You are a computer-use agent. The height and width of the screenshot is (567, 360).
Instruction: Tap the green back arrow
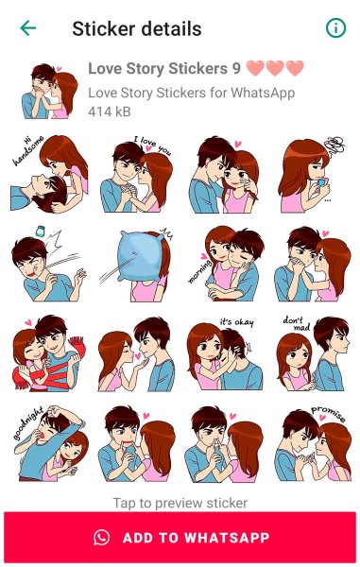point(27,28)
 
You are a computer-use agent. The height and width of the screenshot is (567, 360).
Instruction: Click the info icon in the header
point(335,27)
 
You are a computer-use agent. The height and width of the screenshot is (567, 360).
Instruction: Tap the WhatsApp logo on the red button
point(101,538)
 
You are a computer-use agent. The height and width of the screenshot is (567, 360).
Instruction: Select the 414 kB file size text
point(110,112)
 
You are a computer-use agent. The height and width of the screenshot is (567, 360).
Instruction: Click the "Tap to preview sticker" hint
point(180,503)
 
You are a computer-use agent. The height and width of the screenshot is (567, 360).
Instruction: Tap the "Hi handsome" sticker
point(49,174)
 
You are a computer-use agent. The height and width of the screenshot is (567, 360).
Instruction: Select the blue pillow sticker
point(137,265)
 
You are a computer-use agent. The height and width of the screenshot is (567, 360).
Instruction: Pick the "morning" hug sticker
point(226,264)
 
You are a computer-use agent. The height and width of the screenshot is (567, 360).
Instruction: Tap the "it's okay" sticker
point(225,355)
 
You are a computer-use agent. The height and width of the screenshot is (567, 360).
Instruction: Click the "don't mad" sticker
point(313,353)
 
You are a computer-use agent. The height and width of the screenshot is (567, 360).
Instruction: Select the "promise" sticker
point(313,444)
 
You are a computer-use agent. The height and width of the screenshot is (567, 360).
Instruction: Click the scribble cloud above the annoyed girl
point(334,145)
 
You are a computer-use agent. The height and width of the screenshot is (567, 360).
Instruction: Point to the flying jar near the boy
point(40,232)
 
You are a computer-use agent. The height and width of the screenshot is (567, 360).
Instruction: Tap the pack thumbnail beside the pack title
point(49,91)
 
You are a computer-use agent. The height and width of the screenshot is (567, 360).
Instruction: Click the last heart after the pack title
point(295,68)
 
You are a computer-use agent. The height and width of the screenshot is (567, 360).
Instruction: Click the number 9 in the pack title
point(236,68)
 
